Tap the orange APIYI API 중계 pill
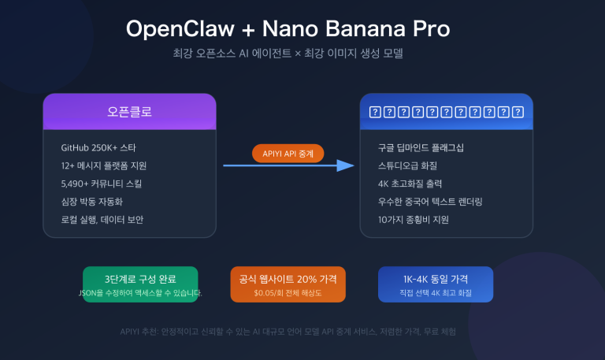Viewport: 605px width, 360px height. click(288, 153)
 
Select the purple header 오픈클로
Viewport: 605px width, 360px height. click(129, 111)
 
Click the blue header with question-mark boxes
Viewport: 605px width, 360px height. click(446, 111)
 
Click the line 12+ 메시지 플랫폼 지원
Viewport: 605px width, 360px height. click(103, 165)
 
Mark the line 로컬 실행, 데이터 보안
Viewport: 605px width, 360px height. click(102, 219)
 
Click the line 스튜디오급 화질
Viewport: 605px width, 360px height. click(408, 165)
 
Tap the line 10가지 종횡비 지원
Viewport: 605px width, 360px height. click(414, 219)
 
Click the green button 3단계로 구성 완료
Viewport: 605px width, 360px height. click(140, 284)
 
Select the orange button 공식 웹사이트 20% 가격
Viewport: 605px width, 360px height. click(288, 284)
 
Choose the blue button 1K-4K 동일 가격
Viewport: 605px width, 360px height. click(435, 284)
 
